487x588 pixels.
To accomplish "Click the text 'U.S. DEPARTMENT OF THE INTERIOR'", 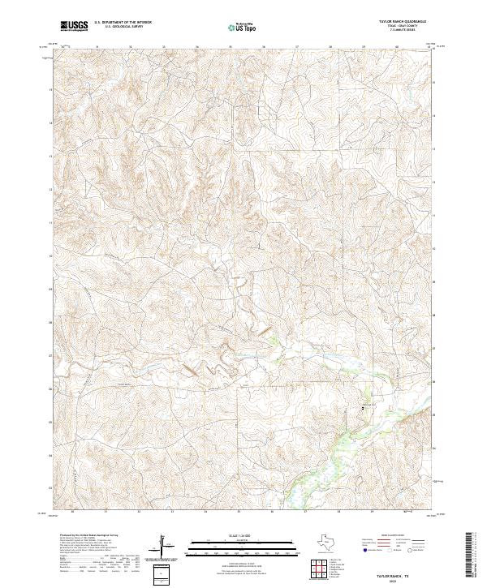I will tap(123, 23).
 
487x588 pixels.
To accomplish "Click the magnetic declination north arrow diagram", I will tap(167, 547).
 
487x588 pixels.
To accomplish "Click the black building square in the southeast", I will tap(363, 407).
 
